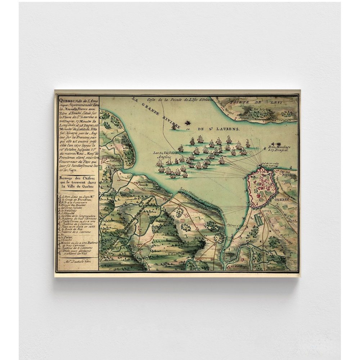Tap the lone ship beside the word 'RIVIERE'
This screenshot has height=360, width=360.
(174, 126)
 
